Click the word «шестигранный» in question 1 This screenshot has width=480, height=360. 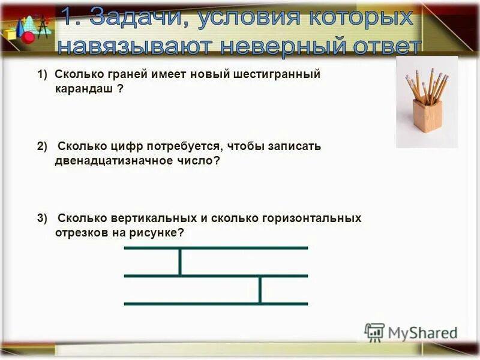pyautogui.click(x=280, y=74)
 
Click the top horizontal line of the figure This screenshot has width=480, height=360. pyautogui.click(x=216, y=247)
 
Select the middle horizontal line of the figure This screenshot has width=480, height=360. pyautogui.click(x=216, y=275)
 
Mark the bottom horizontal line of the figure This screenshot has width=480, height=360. pyautogui.click(x=216, y=304)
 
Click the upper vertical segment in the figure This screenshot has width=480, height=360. pyautogui.click(x=179, y=262)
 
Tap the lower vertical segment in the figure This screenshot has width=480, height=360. pyautogui.click(x=260, y=290)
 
